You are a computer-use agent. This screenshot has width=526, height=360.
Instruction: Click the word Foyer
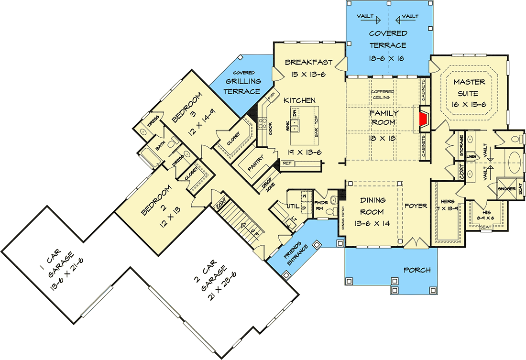click(x=416, y=206)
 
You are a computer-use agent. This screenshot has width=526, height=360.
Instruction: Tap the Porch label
click(x=417, y=270)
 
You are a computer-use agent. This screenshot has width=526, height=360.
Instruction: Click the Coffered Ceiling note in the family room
click(x=382, y=94)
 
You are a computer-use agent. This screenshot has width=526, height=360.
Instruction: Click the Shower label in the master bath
click(x=507, y=189)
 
